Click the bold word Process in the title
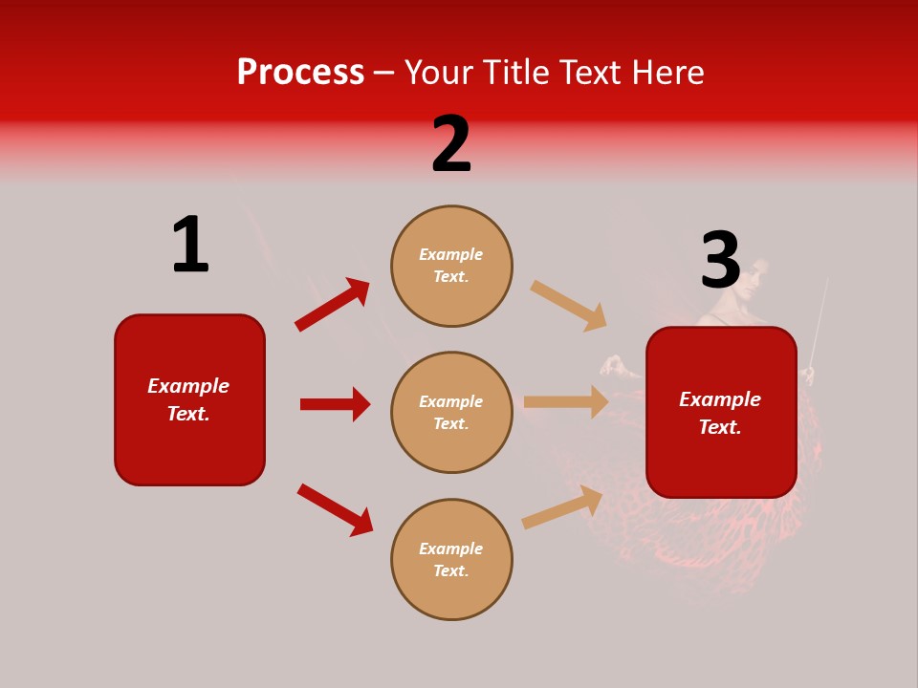[300, 73]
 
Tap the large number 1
[190, 245]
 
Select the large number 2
[451, 144]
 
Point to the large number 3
[720, 260]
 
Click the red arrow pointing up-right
[332, 305]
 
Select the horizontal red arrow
[335, 404]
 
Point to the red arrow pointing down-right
[335, 509]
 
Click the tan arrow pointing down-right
[568, 305]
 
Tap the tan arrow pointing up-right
[562, 506]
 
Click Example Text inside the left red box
[188, 399]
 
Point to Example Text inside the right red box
[720, 413]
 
